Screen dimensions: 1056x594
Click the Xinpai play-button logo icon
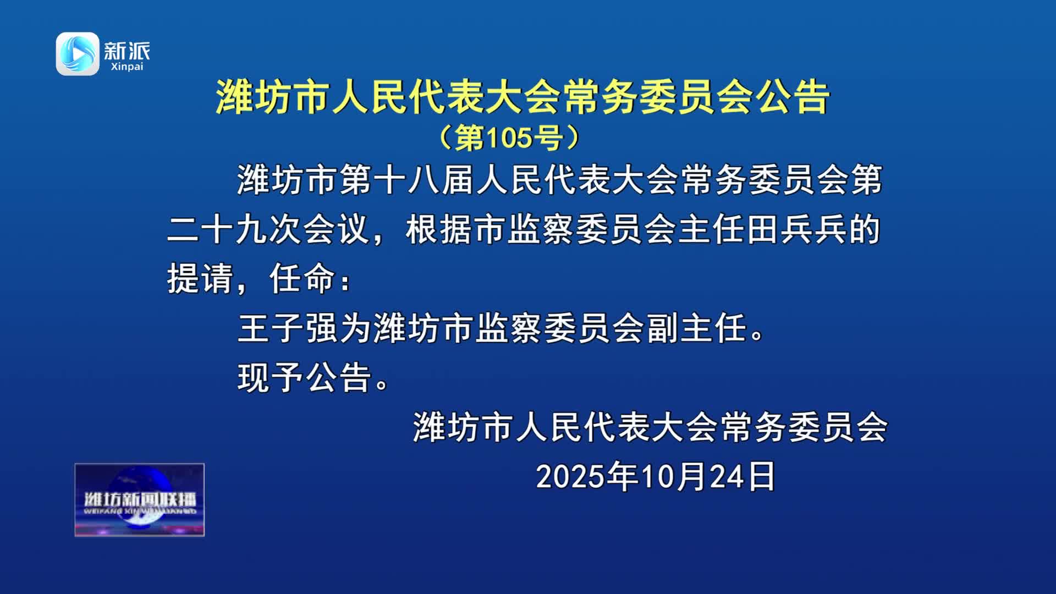78,54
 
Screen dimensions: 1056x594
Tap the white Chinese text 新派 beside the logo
127,51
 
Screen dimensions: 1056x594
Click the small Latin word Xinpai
127,67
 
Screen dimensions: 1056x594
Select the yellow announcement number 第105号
509,137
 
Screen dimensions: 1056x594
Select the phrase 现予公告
305,378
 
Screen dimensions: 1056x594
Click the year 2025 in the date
569,476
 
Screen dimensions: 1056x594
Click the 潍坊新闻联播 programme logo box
140,500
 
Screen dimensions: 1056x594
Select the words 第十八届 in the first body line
406,180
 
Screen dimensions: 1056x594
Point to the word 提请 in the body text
200,279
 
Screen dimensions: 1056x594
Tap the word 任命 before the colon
302,279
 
